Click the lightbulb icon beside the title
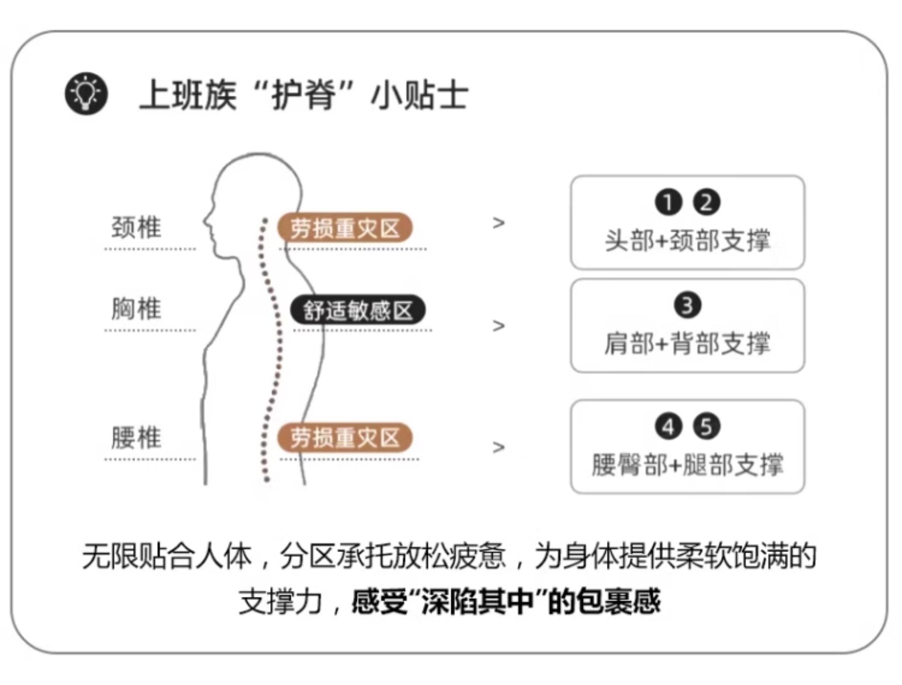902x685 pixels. click(87, 93)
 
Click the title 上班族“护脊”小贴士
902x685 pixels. click(304, 95)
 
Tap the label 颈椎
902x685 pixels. click(136, 227)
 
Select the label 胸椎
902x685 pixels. click(136, 309)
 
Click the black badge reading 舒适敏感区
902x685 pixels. click(358, 310)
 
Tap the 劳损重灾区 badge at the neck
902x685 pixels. click(344, 228)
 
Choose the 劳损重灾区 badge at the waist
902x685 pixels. click(344, 438)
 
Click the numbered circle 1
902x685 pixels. click(668, 203)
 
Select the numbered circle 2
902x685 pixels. click(706, 202)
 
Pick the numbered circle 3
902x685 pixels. click(687, 305)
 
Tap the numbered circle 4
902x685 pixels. click(668, 427)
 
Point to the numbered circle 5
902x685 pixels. click(706, 426)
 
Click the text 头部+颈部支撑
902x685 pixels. click(687, 241)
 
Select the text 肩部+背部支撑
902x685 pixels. click(687, 343)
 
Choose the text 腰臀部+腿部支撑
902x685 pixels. click(687, 464)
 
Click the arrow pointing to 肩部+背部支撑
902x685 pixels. click(498, 326)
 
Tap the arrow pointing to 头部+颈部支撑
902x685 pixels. click(498, 223)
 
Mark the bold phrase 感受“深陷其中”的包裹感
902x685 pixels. click(506, 601)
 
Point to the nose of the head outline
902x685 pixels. click(205, 221)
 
